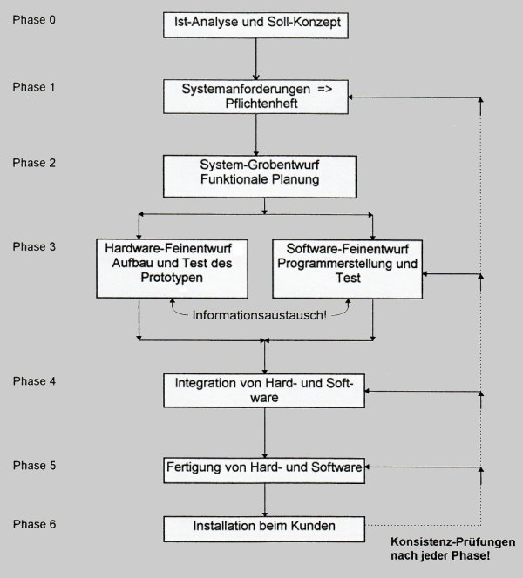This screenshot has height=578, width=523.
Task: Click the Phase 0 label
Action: click(x=34, y=19)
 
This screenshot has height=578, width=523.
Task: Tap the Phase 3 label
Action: click(x=34, y=246)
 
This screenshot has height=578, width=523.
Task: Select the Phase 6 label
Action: click(x=34, y=524)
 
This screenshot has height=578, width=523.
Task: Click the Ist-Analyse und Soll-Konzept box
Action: click(x=255, y=25)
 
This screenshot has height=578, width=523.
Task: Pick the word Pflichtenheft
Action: click(x=261, y=104)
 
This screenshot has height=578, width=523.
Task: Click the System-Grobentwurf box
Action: click(x=260, y=177)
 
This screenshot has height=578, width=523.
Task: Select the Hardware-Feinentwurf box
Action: click(x=172, y=269)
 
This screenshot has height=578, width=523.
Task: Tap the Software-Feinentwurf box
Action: click(x=347, y=269)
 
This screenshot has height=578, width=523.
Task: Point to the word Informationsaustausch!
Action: click(x=260, y=315)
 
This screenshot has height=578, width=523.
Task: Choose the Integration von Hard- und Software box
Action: click(x=264, y=391)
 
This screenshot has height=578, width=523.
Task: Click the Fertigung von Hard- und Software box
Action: click(x=264, y=470)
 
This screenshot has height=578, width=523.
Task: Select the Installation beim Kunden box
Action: click(x=264, y=529)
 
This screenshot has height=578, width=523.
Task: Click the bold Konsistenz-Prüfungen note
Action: click(x=453, y=548)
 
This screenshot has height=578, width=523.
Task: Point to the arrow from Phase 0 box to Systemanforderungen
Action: click(x=255, y=59)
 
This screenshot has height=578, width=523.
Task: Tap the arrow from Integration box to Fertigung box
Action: click(x=264, y=433)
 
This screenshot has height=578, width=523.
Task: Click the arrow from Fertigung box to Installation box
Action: click(x=264, y=500)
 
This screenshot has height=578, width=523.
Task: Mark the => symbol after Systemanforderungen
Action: click(x=325, y=89)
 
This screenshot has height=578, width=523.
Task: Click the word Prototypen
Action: click(x=172, y=278)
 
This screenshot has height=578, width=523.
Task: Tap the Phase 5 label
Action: click(x=34, y=465)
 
